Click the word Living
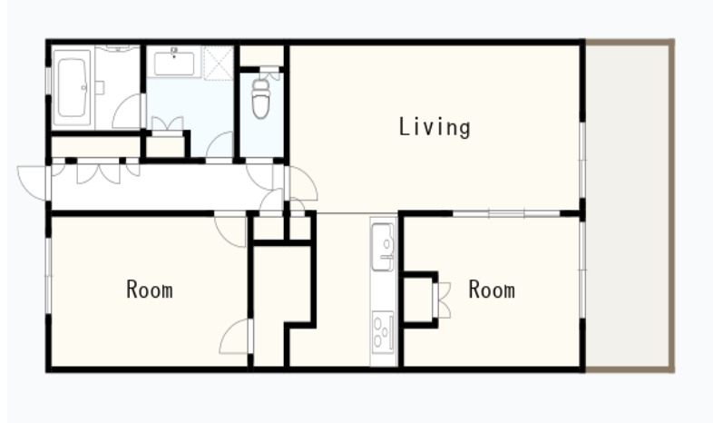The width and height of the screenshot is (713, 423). [x=435, y=127]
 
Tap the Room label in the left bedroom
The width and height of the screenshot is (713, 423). [x=150, y=290]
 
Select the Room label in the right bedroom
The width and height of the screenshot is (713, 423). [x=492, y=290]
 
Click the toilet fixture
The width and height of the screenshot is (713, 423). [x=261, y=99]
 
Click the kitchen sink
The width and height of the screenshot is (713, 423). [x=383, y=247]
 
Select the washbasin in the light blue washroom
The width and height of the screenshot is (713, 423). [x=174, y=64]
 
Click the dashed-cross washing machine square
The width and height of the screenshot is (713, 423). [x=219, y=63]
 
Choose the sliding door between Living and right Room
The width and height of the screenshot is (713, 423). [x=506, y=213]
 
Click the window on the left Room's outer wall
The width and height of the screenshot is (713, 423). [x=48, y=276]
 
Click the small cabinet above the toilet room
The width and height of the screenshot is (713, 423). [x=261, y=55]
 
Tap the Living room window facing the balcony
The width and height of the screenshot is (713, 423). [x=582, y=160]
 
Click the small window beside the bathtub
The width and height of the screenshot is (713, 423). [x=48, y=81]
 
